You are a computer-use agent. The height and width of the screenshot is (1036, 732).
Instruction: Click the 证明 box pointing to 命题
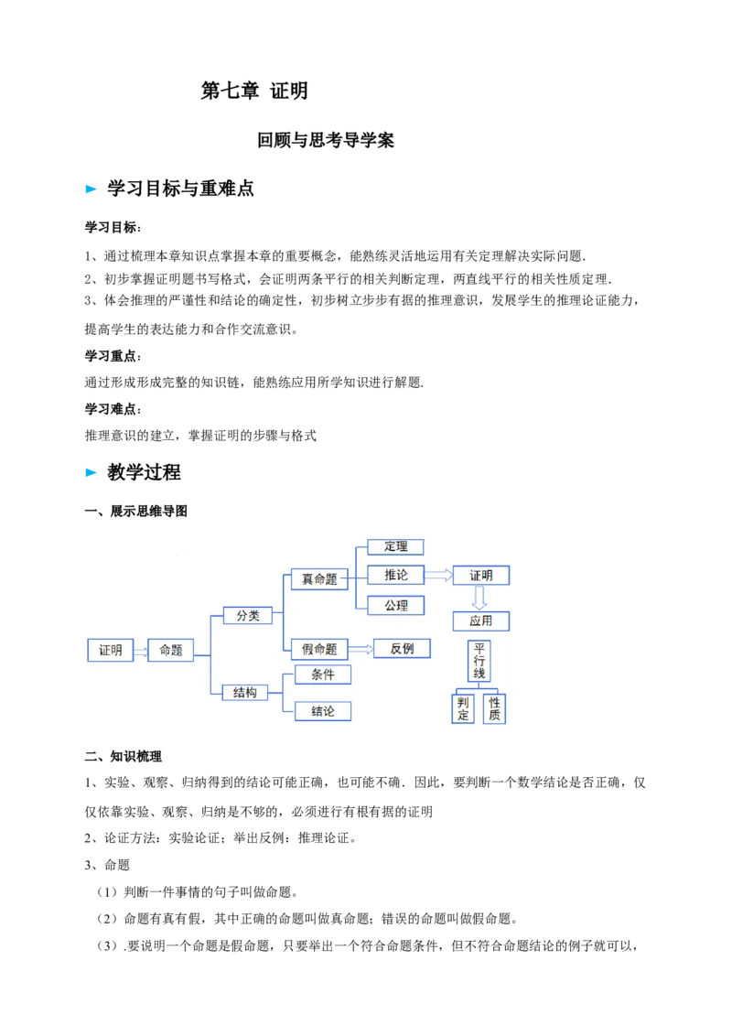tap(111, 650)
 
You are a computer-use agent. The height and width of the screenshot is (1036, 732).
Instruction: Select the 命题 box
tap(171, 650)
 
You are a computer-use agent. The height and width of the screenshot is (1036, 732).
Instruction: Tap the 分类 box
tap(248, 616)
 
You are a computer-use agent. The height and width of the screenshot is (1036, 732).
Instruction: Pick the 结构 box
tap(245, 693)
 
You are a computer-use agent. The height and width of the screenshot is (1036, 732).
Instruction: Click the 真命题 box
tap(319, 579)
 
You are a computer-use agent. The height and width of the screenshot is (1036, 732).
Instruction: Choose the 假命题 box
tap(319, 649)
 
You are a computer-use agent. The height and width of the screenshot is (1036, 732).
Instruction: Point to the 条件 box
tap(323, 674)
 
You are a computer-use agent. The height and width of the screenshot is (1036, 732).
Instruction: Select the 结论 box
tap(323, 711)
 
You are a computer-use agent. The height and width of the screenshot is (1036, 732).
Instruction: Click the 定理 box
tap(396, 547)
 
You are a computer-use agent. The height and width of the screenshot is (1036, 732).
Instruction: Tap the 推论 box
tap(396, 575)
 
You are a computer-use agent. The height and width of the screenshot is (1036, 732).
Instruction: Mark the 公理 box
tap(396, 605)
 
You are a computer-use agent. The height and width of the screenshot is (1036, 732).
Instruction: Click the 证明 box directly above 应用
tap(481, 576)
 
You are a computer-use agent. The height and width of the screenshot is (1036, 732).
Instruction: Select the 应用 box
tap(481, 621)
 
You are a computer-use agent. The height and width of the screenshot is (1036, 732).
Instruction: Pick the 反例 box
tap(403, 648)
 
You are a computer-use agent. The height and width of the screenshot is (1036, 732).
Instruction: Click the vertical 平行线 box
tap(479, 661)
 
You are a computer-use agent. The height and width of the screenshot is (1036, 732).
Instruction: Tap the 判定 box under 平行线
tap(463, 708)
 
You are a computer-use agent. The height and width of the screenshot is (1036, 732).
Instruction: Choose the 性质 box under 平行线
tap(494, 708)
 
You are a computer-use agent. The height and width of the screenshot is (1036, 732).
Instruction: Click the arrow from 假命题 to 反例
tap(361, 649)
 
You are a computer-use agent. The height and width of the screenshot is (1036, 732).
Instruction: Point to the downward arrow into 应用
tap(479, 598)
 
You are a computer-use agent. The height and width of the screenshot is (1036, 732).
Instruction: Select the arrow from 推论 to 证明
tap(439, 576)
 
